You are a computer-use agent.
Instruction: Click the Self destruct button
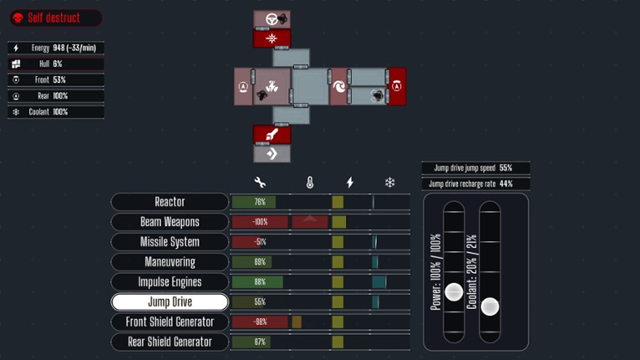tap(56, 18)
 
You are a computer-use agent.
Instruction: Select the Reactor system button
tap(170, 202)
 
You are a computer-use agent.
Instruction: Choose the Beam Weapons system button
tap(170, 222)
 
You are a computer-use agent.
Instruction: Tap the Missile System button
tap(170, 242)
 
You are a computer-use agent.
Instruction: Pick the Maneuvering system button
tap(170, 262)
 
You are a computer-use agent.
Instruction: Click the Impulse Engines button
tap(170, 282)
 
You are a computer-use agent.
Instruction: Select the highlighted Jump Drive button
tap(170, 302)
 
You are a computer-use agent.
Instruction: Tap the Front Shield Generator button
tap(170, 322)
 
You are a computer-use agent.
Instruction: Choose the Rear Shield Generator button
tap(170, 342)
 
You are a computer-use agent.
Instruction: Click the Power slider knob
tap(454, 291)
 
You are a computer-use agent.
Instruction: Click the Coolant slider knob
tap(490, 306)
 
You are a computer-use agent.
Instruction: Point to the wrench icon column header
tap(260, 183)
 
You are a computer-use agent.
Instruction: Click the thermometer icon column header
tap(310, 183)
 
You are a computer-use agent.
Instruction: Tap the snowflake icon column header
tap(390, 183)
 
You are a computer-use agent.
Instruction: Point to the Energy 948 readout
tap(57, 48)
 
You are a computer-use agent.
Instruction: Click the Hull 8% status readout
tap(57, 64)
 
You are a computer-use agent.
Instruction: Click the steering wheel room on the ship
tap(272, 19)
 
